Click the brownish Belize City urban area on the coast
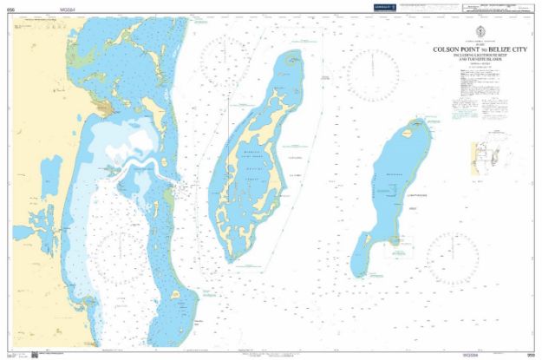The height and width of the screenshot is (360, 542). [103, 110]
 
